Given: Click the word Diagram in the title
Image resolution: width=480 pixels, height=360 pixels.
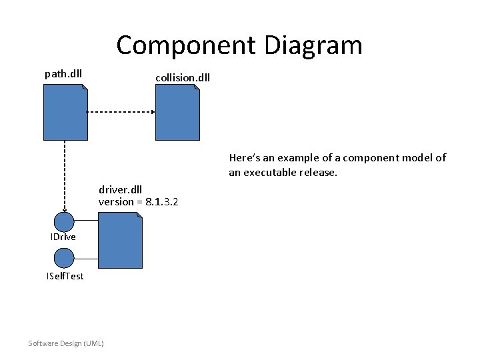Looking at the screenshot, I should (313, 46).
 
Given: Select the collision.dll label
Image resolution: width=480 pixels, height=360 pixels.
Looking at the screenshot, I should (183, 77).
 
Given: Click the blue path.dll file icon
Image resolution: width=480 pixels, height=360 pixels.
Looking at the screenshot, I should (65, 115).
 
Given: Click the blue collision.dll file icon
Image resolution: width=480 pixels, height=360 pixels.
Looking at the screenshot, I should (177, 115).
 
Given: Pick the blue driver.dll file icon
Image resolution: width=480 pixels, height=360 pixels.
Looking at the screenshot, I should (120, 241).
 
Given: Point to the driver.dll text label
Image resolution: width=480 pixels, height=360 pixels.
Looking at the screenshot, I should (120, 189).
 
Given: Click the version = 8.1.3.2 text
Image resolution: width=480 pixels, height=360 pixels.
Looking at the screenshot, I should (138, 201).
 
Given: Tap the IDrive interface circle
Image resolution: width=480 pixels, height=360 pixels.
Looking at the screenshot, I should (64, 222).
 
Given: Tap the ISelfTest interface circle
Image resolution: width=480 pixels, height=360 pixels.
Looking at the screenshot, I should (64, 258).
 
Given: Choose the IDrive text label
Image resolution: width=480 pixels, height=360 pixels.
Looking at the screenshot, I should (63, 237).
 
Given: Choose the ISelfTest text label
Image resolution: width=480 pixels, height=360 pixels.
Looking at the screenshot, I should (65, 276).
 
